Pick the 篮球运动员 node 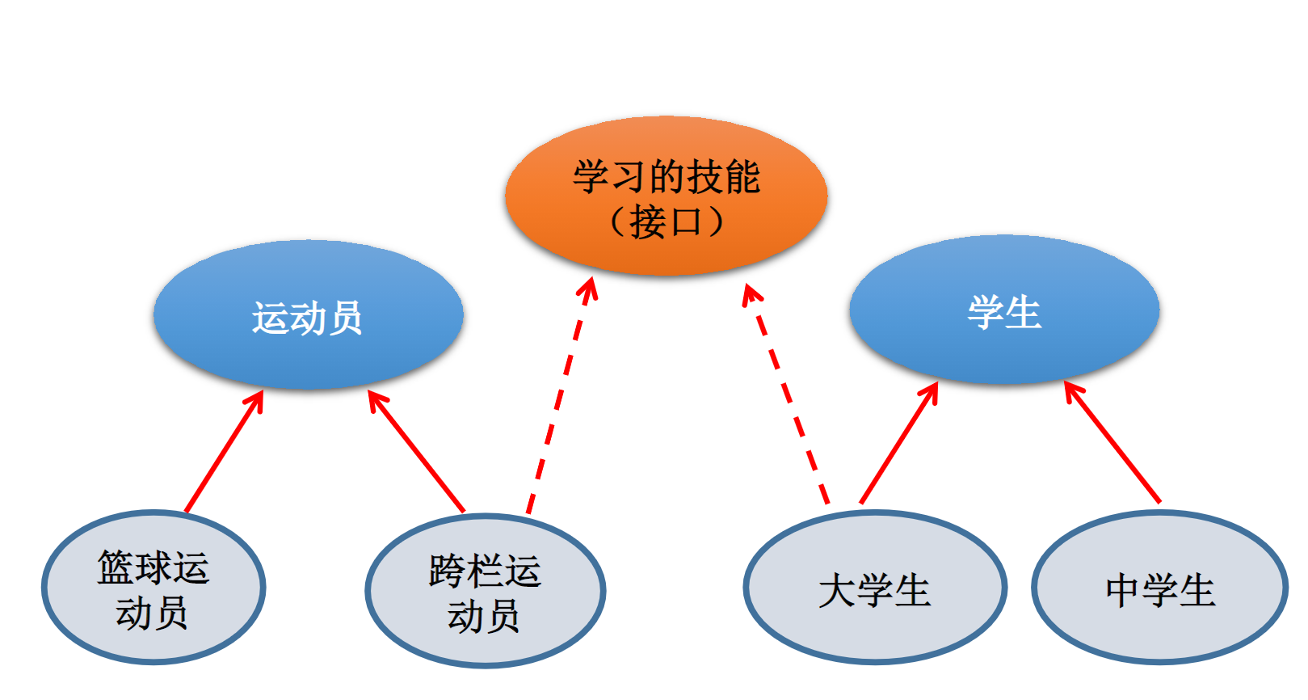click(153, 588)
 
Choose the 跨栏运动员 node click(485, 591)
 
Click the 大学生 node click(874, 588)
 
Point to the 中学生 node click(1159, 588)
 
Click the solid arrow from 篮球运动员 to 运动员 click(224, 453)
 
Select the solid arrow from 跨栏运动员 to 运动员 click(417, 452)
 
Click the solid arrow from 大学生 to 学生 click(899, 442)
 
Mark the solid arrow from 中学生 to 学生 click(1112, 442)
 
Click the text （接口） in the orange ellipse click(666, 221)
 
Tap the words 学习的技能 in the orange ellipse click(666, 177)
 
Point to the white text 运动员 click(307, 318)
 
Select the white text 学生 click(1004, 312)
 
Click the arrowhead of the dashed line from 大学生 click(751, 293)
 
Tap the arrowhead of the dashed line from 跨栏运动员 click(590, 288)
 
